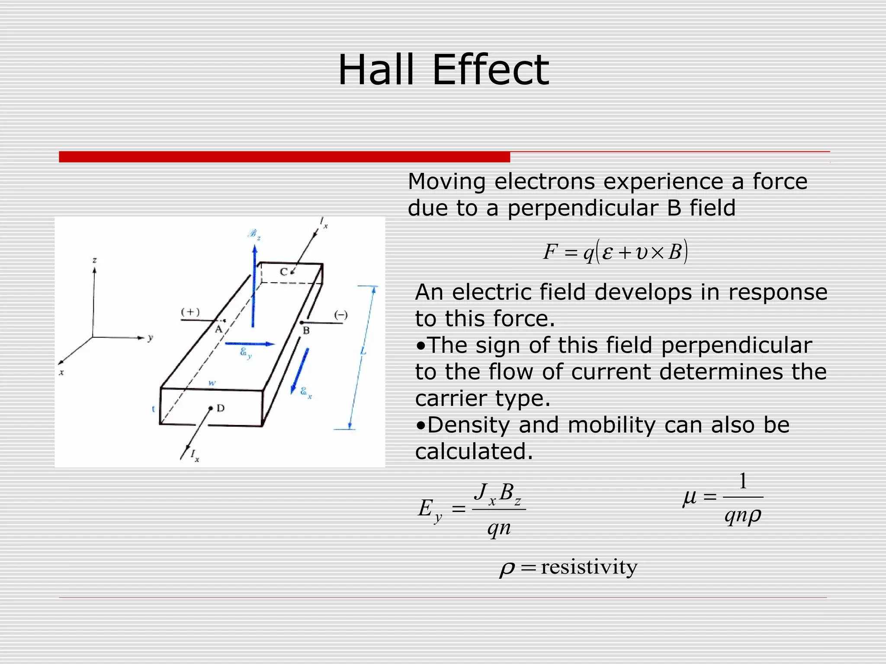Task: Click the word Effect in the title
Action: click(x=491, y=70)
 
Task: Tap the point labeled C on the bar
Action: click(x=292, y=272)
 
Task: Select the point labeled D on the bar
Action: click(x=211, y=408)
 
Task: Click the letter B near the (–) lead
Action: click(x=306, y=331)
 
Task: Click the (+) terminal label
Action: click(x=190, y=312)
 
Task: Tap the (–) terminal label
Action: click(x=341, y=315)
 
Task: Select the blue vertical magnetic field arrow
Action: click(x=254, y=285)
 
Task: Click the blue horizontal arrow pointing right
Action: click(x=250, y=344)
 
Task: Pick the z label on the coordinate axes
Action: click(x=94, y=260)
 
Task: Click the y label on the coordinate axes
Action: click(x=150, y=338)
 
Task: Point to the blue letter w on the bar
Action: click(x=212, y=383)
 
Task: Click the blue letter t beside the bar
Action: click(x=154, y=409)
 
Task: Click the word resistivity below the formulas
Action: click(x=589, y=567)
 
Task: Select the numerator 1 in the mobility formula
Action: click(x=743, y=481)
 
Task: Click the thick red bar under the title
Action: click(x=284, y=157)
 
